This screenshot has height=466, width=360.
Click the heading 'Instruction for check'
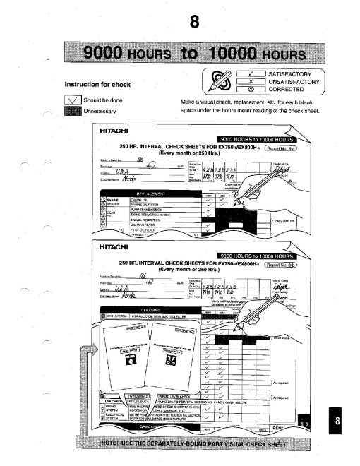(100, 85)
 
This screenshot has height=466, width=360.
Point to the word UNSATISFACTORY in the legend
(294, 81)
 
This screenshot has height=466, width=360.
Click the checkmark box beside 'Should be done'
(72, 100)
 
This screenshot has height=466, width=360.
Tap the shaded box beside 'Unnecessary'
(72, 111)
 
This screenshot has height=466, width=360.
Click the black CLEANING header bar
(152, 308)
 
